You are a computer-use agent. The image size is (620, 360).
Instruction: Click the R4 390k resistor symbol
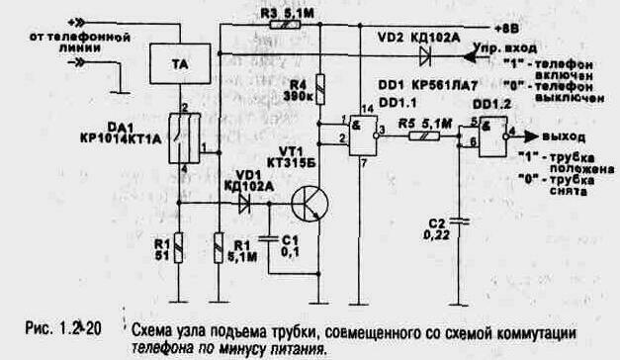click(318, 91)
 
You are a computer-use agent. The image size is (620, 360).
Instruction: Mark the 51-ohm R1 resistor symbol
click(178, 242)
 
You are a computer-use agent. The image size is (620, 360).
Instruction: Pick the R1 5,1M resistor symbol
click(220, 242)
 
